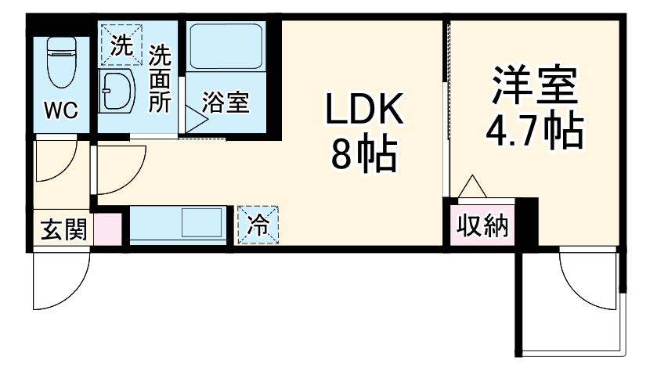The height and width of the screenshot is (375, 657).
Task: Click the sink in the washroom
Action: point(117,91)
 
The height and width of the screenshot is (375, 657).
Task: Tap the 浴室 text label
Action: point(226,103)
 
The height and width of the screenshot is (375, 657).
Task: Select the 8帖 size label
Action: point(364,156)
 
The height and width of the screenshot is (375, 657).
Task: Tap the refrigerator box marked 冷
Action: point(258,225)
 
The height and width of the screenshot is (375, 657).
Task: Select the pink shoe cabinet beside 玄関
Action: point(108,229)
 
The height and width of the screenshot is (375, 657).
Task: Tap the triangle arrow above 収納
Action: point(472,187)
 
